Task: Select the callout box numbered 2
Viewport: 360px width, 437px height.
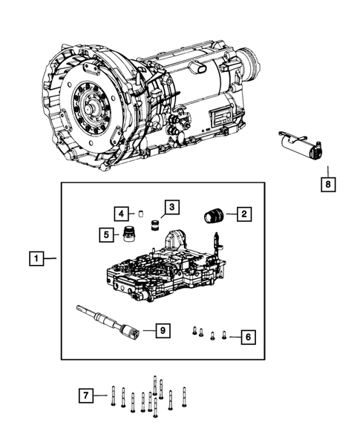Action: coord(243,214)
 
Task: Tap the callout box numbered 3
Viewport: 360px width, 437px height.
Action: coord(171,206)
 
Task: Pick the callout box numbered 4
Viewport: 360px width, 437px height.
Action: coord(120,214)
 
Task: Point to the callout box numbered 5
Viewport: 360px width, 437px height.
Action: coord(107,235)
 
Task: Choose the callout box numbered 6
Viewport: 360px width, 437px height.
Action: coord(248,338)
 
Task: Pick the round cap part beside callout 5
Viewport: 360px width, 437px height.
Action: coord(131,234)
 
